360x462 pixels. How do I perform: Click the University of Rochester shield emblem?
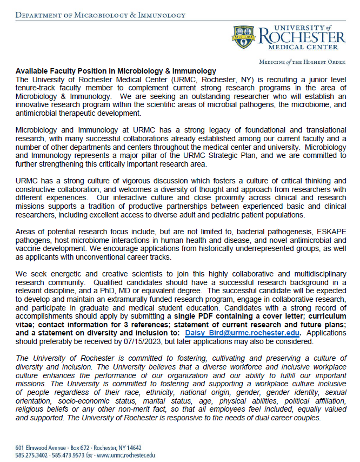pos(244,37)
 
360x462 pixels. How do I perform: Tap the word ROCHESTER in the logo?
pos(301,37)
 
